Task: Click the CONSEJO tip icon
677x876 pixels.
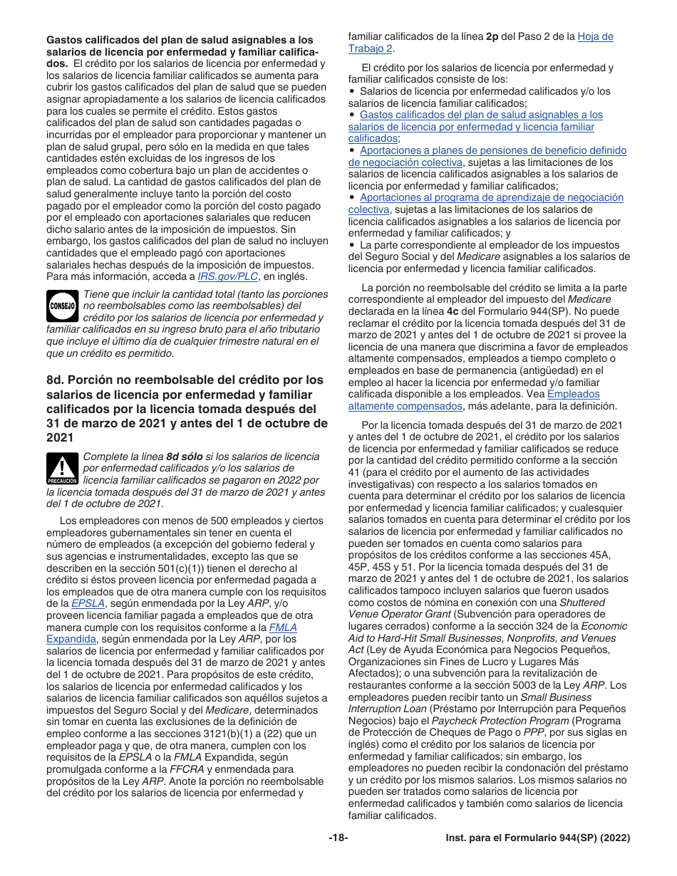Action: [62, 306]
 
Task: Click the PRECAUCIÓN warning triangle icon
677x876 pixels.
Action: [62, 467]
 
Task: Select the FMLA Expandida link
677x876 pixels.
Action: [282, 627]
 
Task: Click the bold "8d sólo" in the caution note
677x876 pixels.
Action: [185, 457]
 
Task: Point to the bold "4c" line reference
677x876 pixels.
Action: [452, 311]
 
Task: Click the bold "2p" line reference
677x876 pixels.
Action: [492, 36]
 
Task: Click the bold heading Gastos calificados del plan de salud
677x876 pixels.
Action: [178, 40]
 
